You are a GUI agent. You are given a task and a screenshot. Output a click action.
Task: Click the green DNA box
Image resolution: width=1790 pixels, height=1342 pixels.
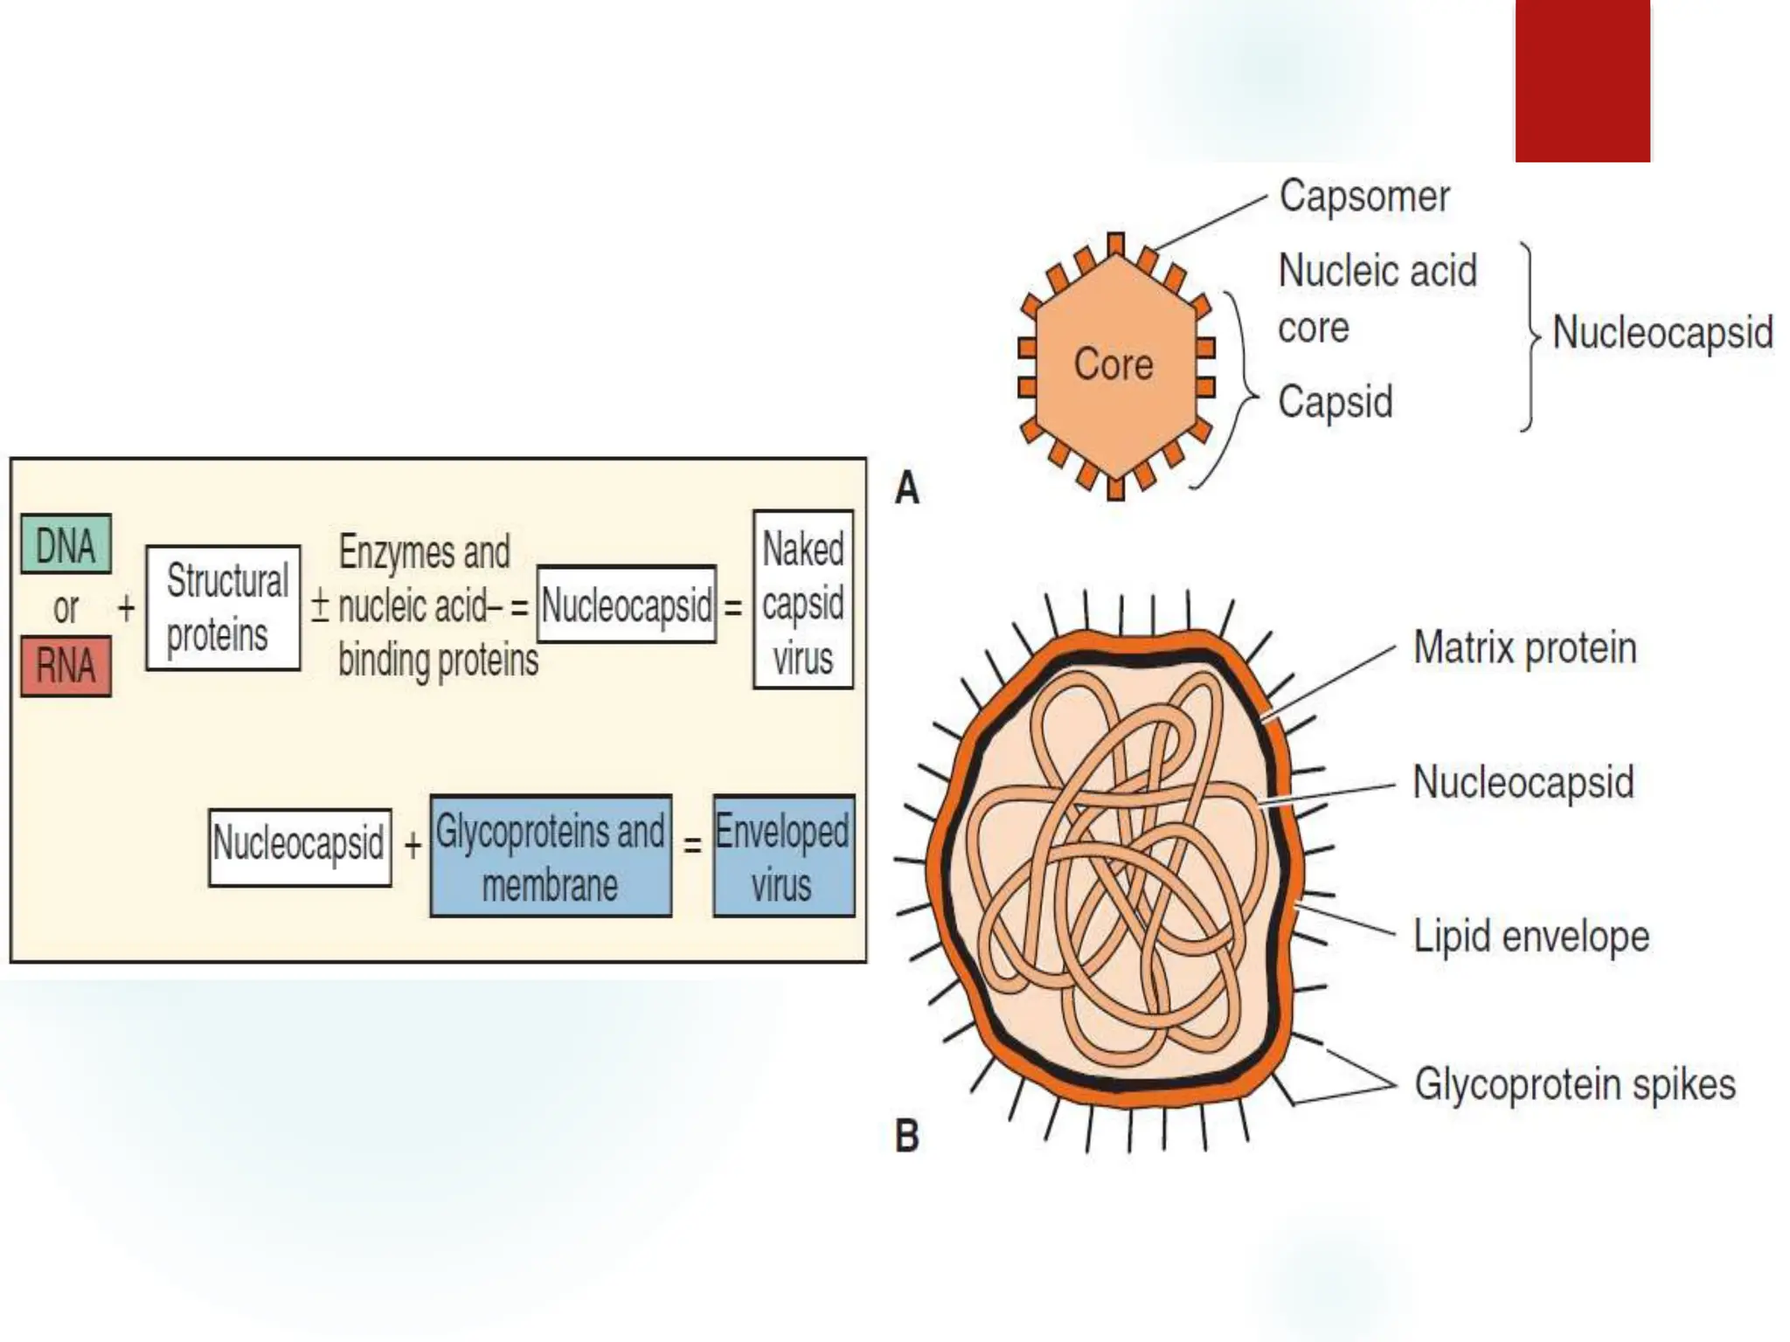click(x=66, y=544)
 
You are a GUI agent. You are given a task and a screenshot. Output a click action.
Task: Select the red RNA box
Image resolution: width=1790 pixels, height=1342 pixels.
click(x=66, y=667)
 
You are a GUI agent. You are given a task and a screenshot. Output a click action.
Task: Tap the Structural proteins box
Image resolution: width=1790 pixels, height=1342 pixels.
click(x=224, y=608)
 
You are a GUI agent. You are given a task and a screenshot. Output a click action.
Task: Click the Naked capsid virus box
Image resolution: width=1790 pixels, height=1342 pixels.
click(x=802, y=600)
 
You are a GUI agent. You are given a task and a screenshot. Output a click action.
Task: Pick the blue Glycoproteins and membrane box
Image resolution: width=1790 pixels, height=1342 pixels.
click(x=551, y=856)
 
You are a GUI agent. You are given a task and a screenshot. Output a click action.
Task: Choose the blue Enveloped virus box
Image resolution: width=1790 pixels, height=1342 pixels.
click(x=783, y=856)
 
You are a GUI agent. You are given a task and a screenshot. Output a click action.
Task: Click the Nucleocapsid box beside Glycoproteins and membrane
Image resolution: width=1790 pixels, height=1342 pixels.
click(x=300, y=846)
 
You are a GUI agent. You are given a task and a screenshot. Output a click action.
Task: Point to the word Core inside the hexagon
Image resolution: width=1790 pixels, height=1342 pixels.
click(x=1113, y=364)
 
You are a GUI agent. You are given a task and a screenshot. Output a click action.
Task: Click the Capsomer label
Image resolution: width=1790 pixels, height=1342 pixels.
click(x=1363, y=197)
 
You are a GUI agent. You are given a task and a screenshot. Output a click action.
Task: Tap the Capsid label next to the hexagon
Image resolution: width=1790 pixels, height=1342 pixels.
click(x=1335, y=403)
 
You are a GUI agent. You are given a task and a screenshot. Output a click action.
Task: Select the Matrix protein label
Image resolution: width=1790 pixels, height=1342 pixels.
click(x=1524, y=648)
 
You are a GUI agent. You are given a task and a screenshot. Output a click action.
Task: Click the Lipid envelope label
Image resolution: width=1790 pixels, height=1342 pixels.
click(x=1531, y=937)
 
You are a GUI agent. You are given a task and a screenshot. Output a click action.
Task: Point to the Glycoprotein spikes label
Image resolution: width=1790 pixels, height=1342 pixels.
click(x=1574, y=1084)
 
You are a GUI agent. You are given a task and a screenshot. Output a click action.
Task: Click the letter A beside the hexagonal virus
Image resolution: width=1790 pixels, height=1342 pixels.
click(x=907, y=488)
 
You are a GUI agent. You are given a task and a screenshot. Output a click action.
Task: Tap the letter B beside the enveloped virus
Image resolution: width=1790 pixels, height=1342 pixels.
click(x=907, y=1137)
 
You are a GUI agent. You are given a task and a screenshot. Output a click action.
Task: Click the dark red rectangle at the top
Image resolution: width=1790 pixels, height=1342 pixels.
click(x=1582, y=80)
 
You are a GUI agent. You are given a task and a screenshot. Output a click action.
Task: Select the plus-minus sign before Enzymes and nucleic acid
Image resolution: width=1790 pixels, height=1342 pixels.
click(x=320, y=605)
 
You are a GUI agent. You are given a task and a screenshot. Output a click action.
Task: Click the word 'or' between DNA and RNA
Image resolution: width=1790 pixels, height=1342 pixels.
click(x=66, y=608)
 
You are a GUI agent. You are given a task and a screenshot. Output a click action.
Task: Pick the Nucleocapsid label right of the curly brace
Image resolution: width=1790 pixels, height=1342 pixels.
click(x=1662, y=334)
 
